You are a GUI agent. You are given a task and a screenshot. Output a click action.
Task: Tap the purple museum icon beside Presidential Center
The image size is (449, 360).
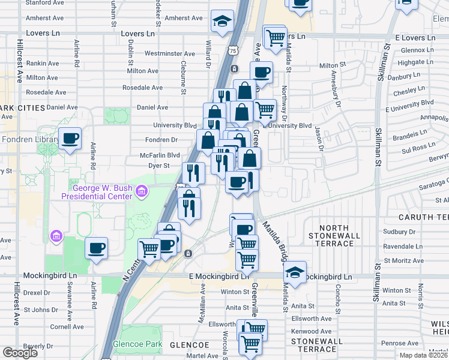(x=142, y=191)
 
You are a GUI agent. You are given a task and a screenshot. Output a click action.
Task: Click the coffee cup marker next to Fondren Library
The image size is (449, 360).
(x=70, y=139)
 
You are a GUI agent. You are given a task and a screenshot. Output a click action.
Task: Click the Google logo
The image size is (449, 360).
(x=20, y=352)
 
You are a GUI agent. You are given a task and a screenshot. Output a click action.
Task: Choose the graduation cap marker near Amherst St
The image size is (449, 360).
(x=222, y=22)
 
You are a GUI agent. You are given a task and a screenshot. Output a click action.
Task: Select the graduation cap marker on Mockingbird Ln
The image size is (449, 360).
(x=295, y=272)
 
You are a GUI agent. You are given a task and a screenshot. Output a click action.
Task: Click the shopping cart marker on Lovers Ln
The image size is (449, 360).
(x=275, y=37)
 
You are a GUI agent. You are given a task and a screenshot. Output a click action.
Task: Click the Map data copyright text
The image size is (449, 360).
(x=423, y=355)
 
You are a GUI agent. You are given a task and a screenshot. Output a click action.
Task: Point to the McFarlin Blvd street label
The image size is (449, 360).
(x=160, y=154)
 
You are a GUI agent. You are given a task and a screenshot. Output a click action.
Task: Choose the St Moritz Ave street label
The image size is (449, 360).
(x=404, y=260)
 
